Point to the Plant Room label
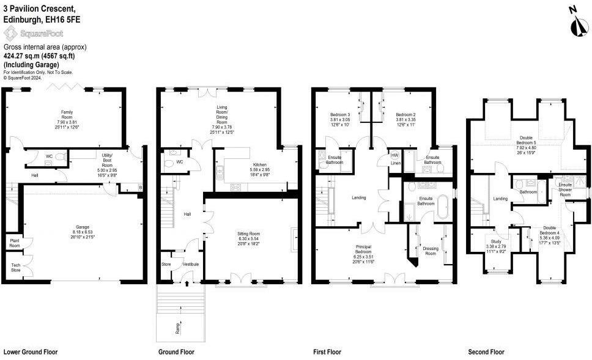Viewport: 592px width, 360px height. pos(15,243)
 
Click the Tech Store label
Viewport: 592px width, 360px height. pos(15,267)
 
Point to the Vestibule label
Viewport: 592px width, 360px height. pos(190,264)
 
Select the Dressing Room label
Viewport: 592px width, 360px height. pos(431,251)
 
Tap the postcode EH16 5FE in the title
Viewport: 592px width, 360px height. pos(63,20)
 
